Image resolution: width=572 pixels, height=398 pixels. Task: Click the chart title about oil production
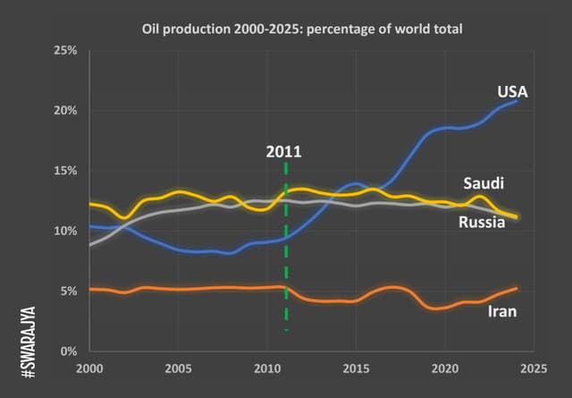(x=301, y=29)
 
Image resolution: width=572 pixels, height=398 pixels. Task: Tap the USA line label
(x=513, y=91)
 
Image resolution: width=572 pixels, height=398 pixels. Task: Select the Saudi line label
(x=484, y=183)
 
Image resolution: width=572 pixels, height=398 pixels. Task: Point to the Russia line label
(x=483, y=222)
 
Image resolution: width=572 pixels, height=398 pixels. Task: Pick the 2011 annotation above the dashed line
(x=283, y=151)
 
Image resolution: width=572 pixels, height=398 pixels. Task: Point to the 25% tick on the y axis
(x=65, y=50)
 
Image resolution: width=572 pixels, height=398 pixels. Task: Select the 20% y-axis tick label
(x=65, y=110)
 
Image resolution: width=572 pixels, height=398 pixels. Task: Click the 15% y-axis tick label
(x=65, y=171)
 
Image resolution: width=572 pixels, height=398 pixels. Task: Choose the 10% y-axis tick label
(x=65, y=231)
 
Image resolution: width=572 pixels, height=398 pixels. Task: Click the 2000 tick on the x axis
(x=89, y=368)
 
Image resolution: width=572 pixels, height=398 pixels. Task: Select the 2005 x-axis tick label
(x=178, y=368)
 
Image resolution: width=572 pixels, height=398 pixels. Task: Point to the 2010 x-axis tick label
(x=266, y=368)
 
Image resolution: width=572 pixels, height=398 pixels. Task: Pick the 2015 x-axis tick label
(x=356, y=368)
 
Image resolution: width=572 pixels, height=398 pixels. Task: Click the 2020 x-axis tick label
(x=444, y=368)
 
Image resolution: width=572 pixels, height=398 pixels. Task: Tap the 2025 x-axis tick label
(x=534, y=368)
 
